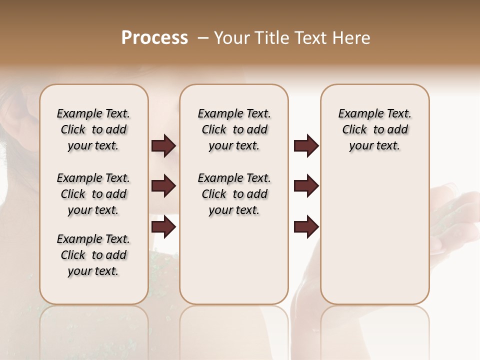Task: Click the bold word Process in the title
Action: coord(154,38)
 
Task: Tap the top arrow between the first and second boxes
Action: coord(163,145)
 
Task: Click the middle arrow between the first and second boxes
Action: coord(163,186)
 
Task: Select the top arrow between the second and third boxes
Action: coord(306,145)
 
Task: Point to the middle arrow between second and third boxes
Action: coord(306,186)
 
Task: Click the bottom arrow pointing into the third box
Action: coord(306,226)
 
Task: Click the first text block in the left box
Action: coord(93,129)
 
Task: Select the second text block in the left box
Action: coord(93,194)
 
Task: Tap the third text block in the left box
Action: coord(93,255)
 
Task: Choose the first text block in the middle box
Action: coord(234,129)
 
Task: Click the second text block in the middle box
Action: coord(234,194)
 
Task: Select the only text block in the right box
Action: coord(374,129)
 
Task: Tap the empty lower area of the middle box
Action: coord(234,265)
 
